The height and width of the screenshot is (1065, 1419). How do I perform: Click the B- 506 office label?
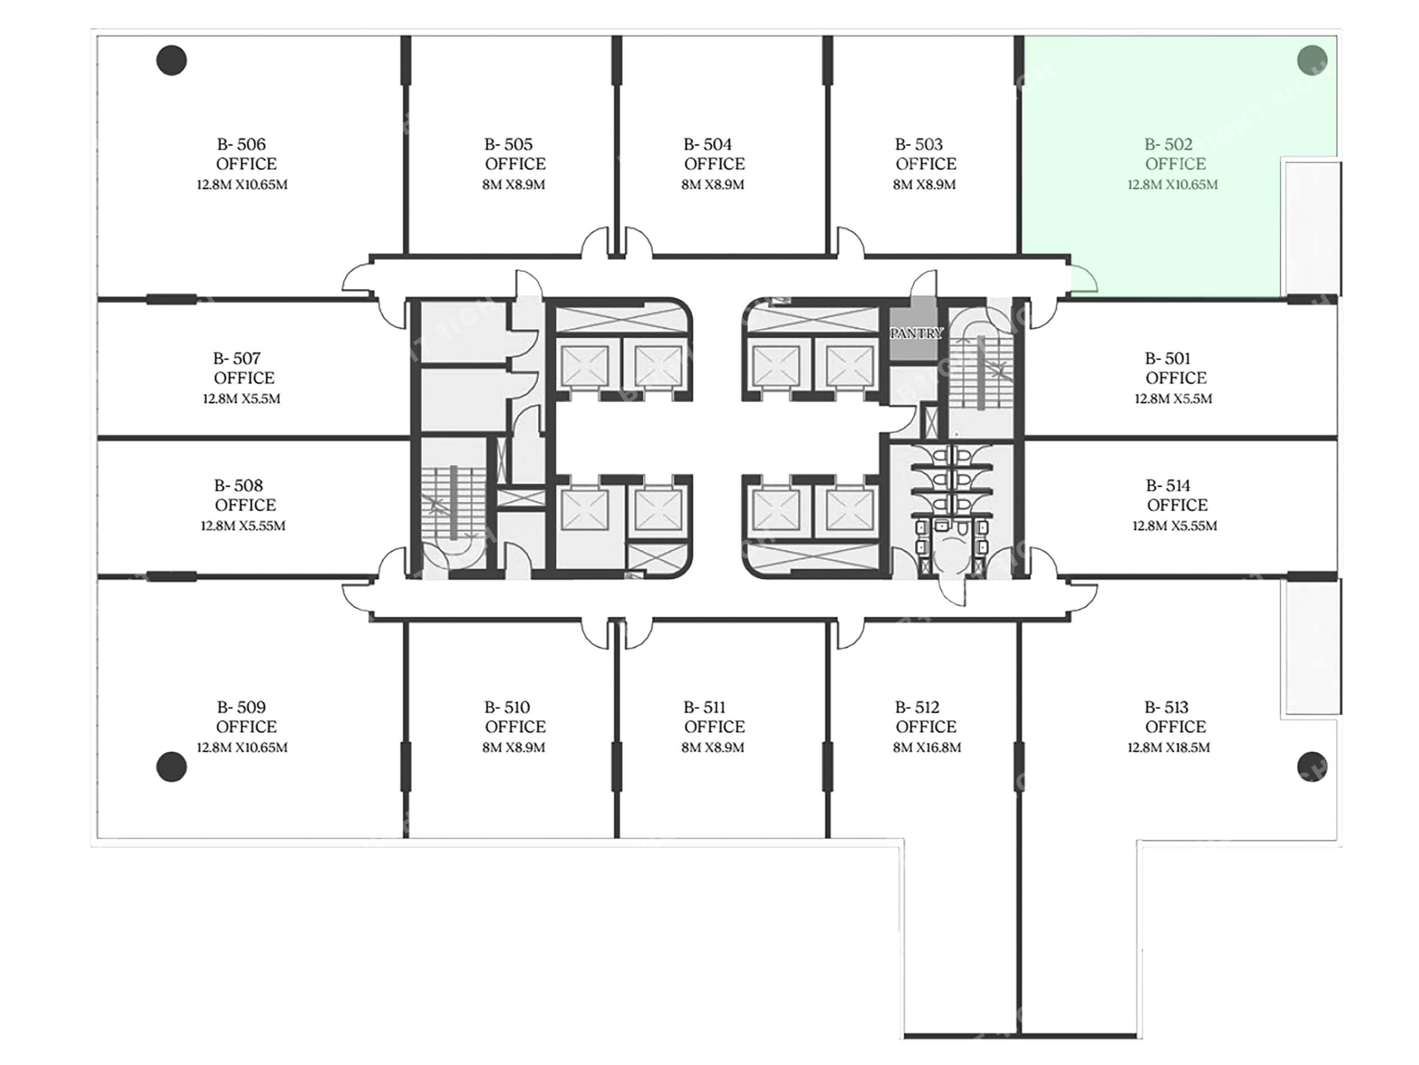pos(241,144)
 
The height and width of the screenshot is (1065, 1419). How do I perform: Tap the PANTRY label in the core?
pos(916,333)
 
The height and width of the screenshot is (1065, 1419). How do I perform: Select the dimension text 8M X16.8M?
pos(927,747)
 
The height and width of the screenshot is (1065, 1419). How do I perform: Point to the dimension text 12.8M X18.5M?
pos(1168,747)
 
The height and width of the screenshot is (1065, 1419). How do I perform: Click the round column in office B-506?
pos(171,61)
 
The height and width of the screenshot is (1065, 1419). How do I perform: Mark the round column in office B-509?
pos(171,767)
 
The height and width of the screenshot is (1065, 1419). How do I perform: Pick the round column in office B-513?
pos(1312,766)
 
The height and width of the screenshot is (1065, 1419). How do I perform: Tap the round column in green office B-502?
pos(1312,60)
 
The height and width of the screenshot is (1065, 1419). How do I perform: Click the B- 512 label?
pos(917,707)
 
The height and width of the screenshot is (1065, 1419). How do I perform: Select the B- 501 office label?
pos(1168,358)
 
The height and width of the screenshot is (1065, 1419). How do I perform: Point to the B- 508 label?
pos(238,486)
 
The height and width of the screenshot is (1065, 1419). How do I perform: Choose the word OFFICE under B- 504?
pos(715,164)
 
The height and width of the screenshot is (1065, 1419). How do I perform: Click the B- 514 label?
pos(1168,486)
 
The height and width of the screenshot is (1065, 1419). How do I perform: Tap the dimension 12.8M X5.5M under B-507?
pos(242,399)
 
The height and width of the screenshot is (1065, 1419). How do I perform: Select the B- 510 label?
pos(507,707)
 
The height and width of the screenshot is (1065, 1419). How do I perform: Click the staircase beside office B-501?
pos(981,372)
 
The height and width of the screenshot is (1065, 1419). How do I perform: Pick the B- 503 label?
pos(919,144)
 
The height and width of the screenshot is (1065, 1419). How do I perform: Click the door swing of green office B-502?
pos(1084,279)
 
